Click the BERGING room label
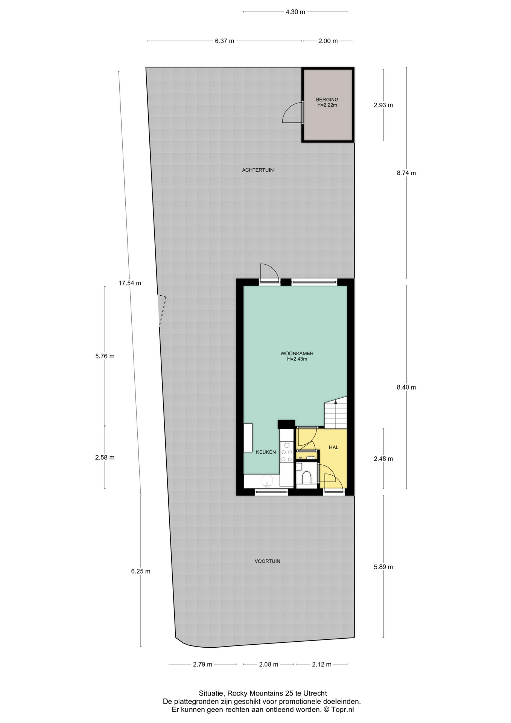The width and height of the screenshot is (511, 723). (327, 100)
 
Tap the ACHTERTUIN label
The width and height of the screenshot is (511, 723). (258, 170)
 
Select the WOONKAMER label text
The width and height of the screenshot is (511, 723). (297, 354)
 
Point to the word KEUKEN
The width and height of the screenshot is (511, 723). (266, 452)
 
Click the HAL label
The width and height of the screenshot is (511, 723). (333, 447)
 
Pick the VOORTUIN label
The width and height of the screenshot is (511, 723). (267, 561)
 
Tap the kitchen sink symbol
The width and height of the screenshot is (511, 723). (268, 481)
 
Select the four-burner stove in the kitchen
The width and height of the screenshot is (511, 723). (287, 452)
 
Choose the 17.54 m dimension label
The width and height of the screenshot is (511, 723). (130, 283)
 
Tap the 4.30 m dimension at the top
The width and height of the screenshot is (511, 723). (295, 12)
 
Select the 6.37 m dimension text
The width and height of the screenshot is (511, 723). (225, 41)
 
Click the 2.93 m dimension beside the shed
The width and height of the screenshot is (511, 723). (383, 105)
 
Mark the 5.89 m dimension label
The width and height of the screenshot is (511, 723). (383, 567)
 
